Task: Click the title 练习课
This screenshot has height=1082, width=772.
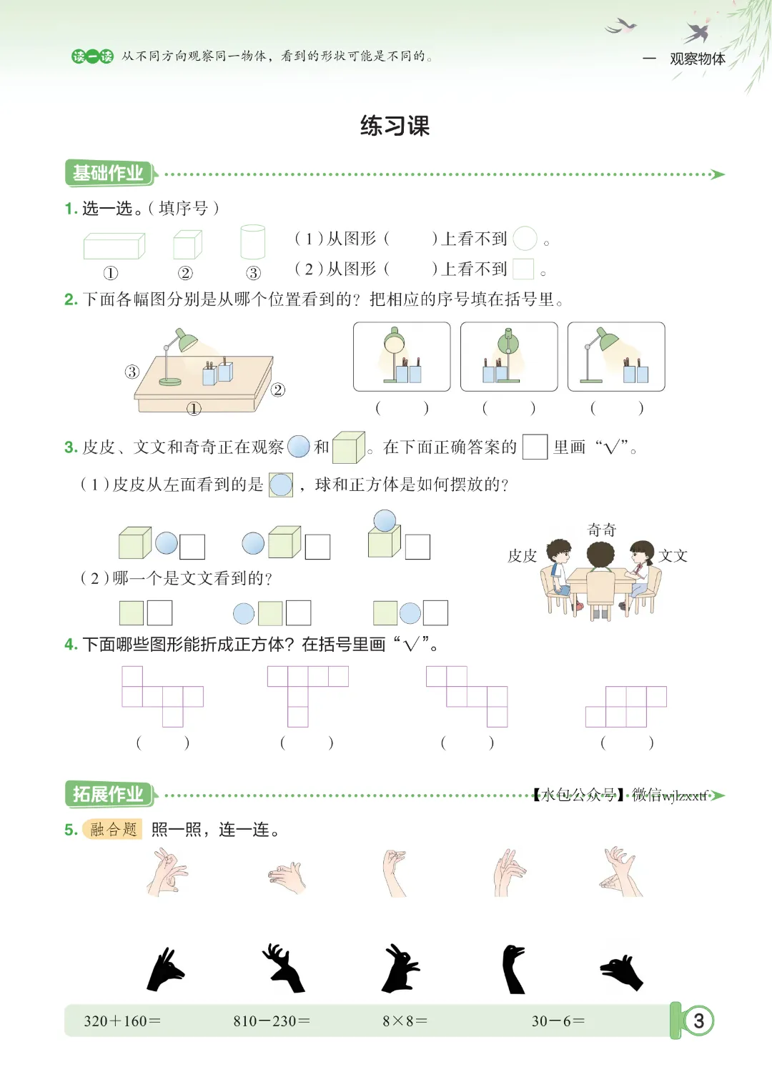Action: [x=395, y=126]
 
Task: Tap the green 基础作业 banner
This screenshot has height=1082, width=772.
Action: [x=109, y=173]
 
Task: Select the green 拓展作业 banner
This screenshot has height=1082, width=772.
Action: [x=109, y=794]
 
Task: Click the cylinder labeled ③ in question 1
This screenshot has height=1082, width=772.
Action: [x=252, y=242]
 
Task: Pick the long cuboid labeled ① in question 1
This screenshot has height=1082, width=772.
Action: [x=114, y=246]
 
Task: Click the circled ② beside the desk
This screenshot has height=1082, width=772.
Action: [x=278, y=389]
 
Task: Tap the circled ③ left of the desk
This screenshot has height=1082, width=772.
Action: [x=132, y=372]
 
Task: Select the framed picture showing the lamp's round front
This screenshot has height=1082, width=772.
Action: [x=402, y=357]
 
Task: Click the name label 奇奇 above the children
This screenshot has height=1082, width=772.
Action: [x=601, y=530]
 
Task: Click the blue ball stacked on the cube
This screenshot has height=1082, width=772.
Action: [x=385, y=521]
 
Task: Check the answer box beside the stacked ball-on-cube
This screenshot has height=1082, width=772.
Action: [x=417, y=547]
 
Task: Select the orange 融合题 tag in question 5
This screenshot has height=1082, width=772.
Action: [x=113, y=829]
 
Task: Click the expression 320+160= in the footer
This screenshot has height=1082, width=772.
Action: [x=122, y=1021]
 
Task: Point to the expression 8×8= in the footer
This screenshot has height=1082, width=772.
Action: [x=405, y=1021]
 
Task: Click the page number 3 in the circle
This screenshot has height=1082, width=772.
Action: [x=698, y=1021]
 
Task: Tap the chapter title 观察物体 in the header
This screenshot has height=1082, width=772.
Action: [x=698, y=59]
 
